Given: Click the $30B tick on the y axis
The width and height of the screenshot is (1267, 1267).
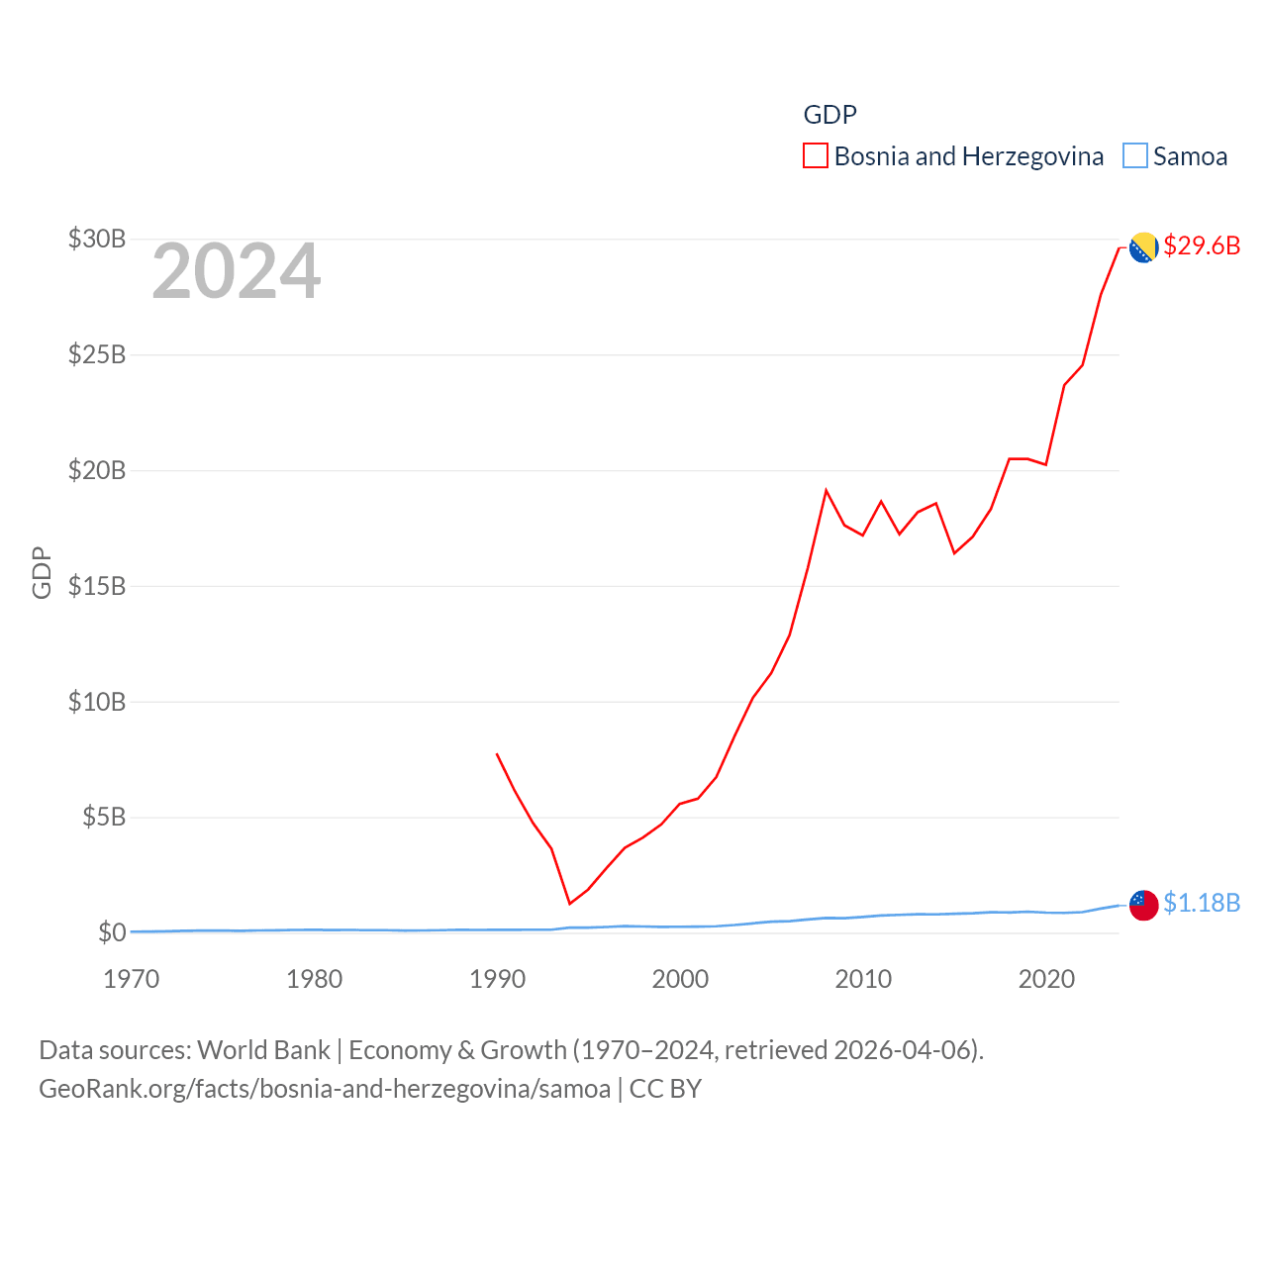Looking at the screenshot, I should [97, 239].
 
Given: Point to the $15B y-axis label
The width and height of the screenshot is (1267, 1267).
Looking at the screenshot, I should [97, 586].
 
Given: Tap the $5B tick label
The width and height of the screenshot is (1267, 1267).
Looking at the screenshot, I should [104, 817].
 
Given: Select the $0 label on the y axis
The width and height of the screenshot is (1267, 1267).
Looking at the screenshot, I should [112, 932].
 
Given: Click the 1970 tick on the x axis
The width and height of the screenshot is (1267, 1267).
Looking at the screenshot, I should [132, 979].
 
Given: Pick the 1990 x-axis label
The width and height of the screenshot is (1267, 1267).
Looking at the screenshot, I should [497, 979].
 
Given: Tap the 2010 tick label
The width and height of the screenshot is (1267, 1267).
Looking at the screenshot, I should [863, 979].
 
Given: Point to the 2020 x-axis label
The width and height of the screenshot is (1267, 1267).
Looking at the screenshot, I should [1046, 979].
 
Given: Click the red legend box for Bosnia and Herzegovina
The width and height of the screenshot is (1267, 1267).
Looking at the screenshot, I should [816, 156].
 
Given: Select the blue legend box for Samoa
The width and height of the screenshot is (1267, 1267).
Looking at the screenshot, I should [1135, 156].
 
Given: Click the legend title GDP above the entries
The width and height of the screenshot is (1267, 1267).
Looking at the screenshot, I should [829, 115].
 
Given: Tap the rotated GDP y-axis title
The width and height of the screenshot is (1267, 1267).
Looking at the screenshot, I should [42, 572].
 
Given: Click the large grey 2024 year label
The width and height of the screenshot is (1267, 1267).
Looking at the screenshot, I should [236, 271].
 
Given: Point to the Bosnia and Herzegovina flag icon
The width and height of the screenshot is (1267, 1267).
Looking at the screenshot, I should [1144, 247].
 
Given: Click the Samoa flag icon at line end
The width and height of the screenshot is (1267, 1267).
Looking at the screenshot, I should [1144, 905].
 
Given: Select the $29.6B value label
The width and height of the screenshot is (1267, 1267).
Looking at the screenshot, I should [1202, 245].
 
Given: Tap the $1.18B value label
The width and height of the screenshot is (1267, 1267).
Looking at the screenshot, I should [1202, 903].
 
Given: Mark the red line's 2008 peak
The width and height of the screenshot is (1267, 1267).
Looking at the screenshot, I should [827, 491].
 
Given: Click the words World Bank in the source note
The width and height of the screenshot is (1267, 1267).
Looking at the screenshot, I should [263, 1050].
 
